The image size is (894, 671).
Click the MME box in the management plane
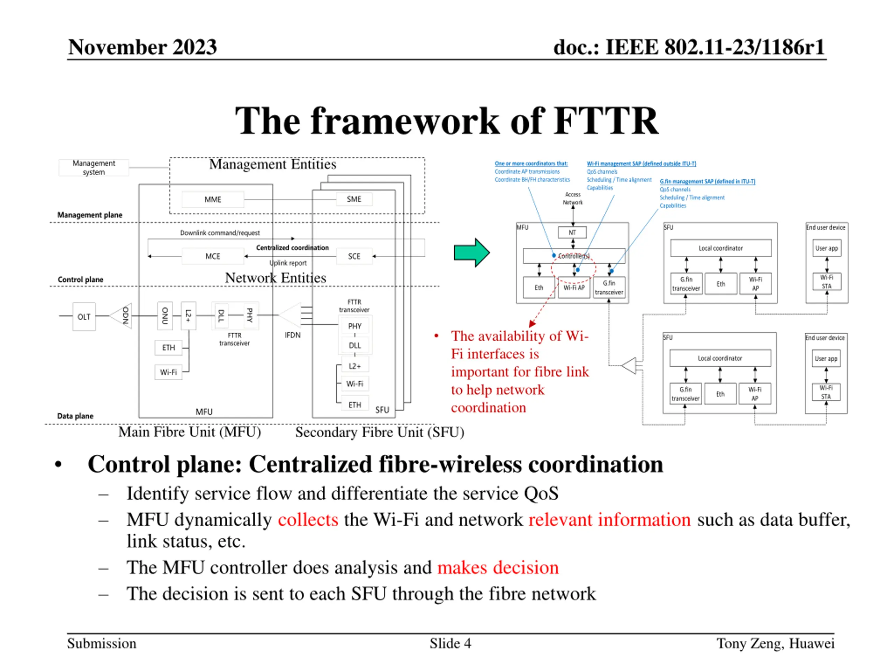[213, 200]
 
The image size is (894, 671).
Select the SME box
[354, 199]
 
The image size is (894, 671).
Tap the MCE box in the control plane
[213, 257]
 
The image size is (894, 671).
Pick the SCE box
[354, 257]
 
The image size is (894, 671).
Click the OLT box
[84, 317]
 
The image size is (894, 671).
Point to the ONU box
[165, 316]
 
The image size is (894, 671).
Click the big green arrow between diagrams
[471, 252]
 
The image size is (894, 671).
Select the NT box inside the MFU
[572, 232]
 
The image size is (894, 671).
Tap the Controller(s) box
[574, 256]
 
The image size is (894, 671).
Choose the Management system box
[94, 167]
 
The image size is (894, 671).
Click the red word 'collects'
[308, 520]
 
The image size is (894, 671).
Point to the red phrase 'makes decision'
[498, 568]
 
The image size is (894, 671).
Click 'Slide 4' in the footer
[450, 643]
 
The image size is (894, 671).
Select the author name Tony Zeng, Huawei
[775, 643]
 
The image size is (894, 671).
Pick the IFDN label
[293, 335]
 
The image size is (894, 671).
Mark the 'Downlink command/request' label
[220, 233]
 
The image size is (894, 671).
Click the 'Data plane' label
[75, 416]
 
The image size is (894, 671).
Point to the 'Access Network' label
[573, 199]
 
